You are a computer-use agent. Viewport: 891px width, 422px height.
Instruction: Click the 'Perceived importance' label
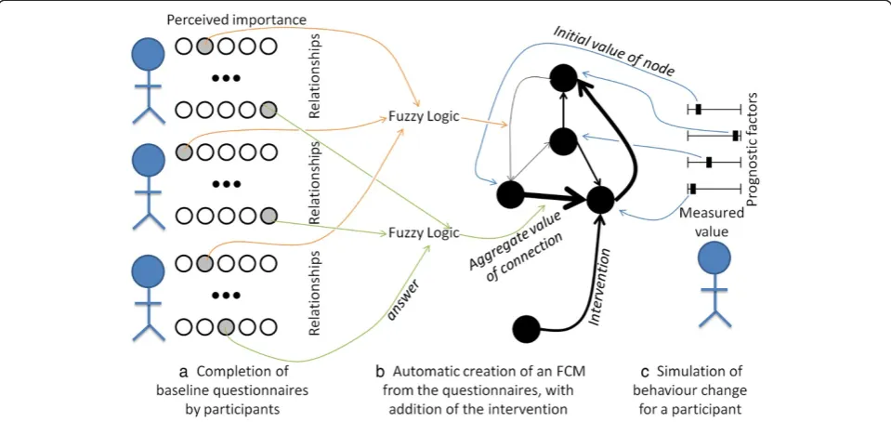[238, 20]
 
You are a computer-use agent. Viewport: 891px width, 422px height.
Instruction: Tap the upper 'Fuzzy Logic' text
[424, 119]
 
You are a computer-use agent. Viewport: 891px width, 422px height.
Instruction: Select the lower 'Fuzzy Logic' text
[424, 232]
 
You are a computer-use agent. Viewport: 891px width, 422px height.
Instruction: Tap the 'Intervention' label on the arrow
[601, 288]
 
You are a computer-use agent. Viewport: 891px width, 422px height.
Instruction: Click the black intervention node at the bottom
[526, 329]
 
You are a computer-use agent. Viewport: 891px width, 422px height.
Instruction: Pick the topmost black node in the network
[562, 78]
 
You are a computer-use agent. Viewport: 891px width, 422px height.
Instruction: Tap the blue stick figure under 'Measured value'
[714, 285]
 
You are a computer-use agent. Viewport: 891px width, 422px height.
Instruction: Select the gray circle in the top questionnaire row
[205, 46]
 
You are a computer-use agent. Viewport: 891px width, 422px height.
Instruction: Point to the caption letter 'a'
[183, 373]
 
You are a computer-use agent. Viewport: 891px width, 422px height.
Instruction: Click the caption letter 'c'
[645, 373]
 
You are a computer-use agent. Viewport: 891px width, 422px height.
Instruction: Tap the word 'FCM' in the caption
[570, 373]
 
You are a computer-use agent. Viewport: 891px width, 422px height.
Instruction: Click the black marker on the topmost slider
[699, 109]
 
